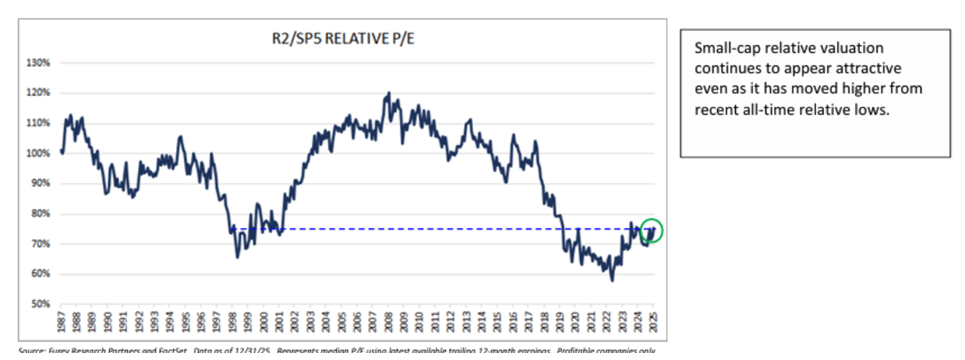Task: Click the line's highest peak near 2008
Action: tap(388, 93)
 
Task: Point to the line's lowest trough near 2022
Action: tap(612, 280)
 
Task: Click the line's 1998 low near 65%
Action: tap(237, 257)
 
